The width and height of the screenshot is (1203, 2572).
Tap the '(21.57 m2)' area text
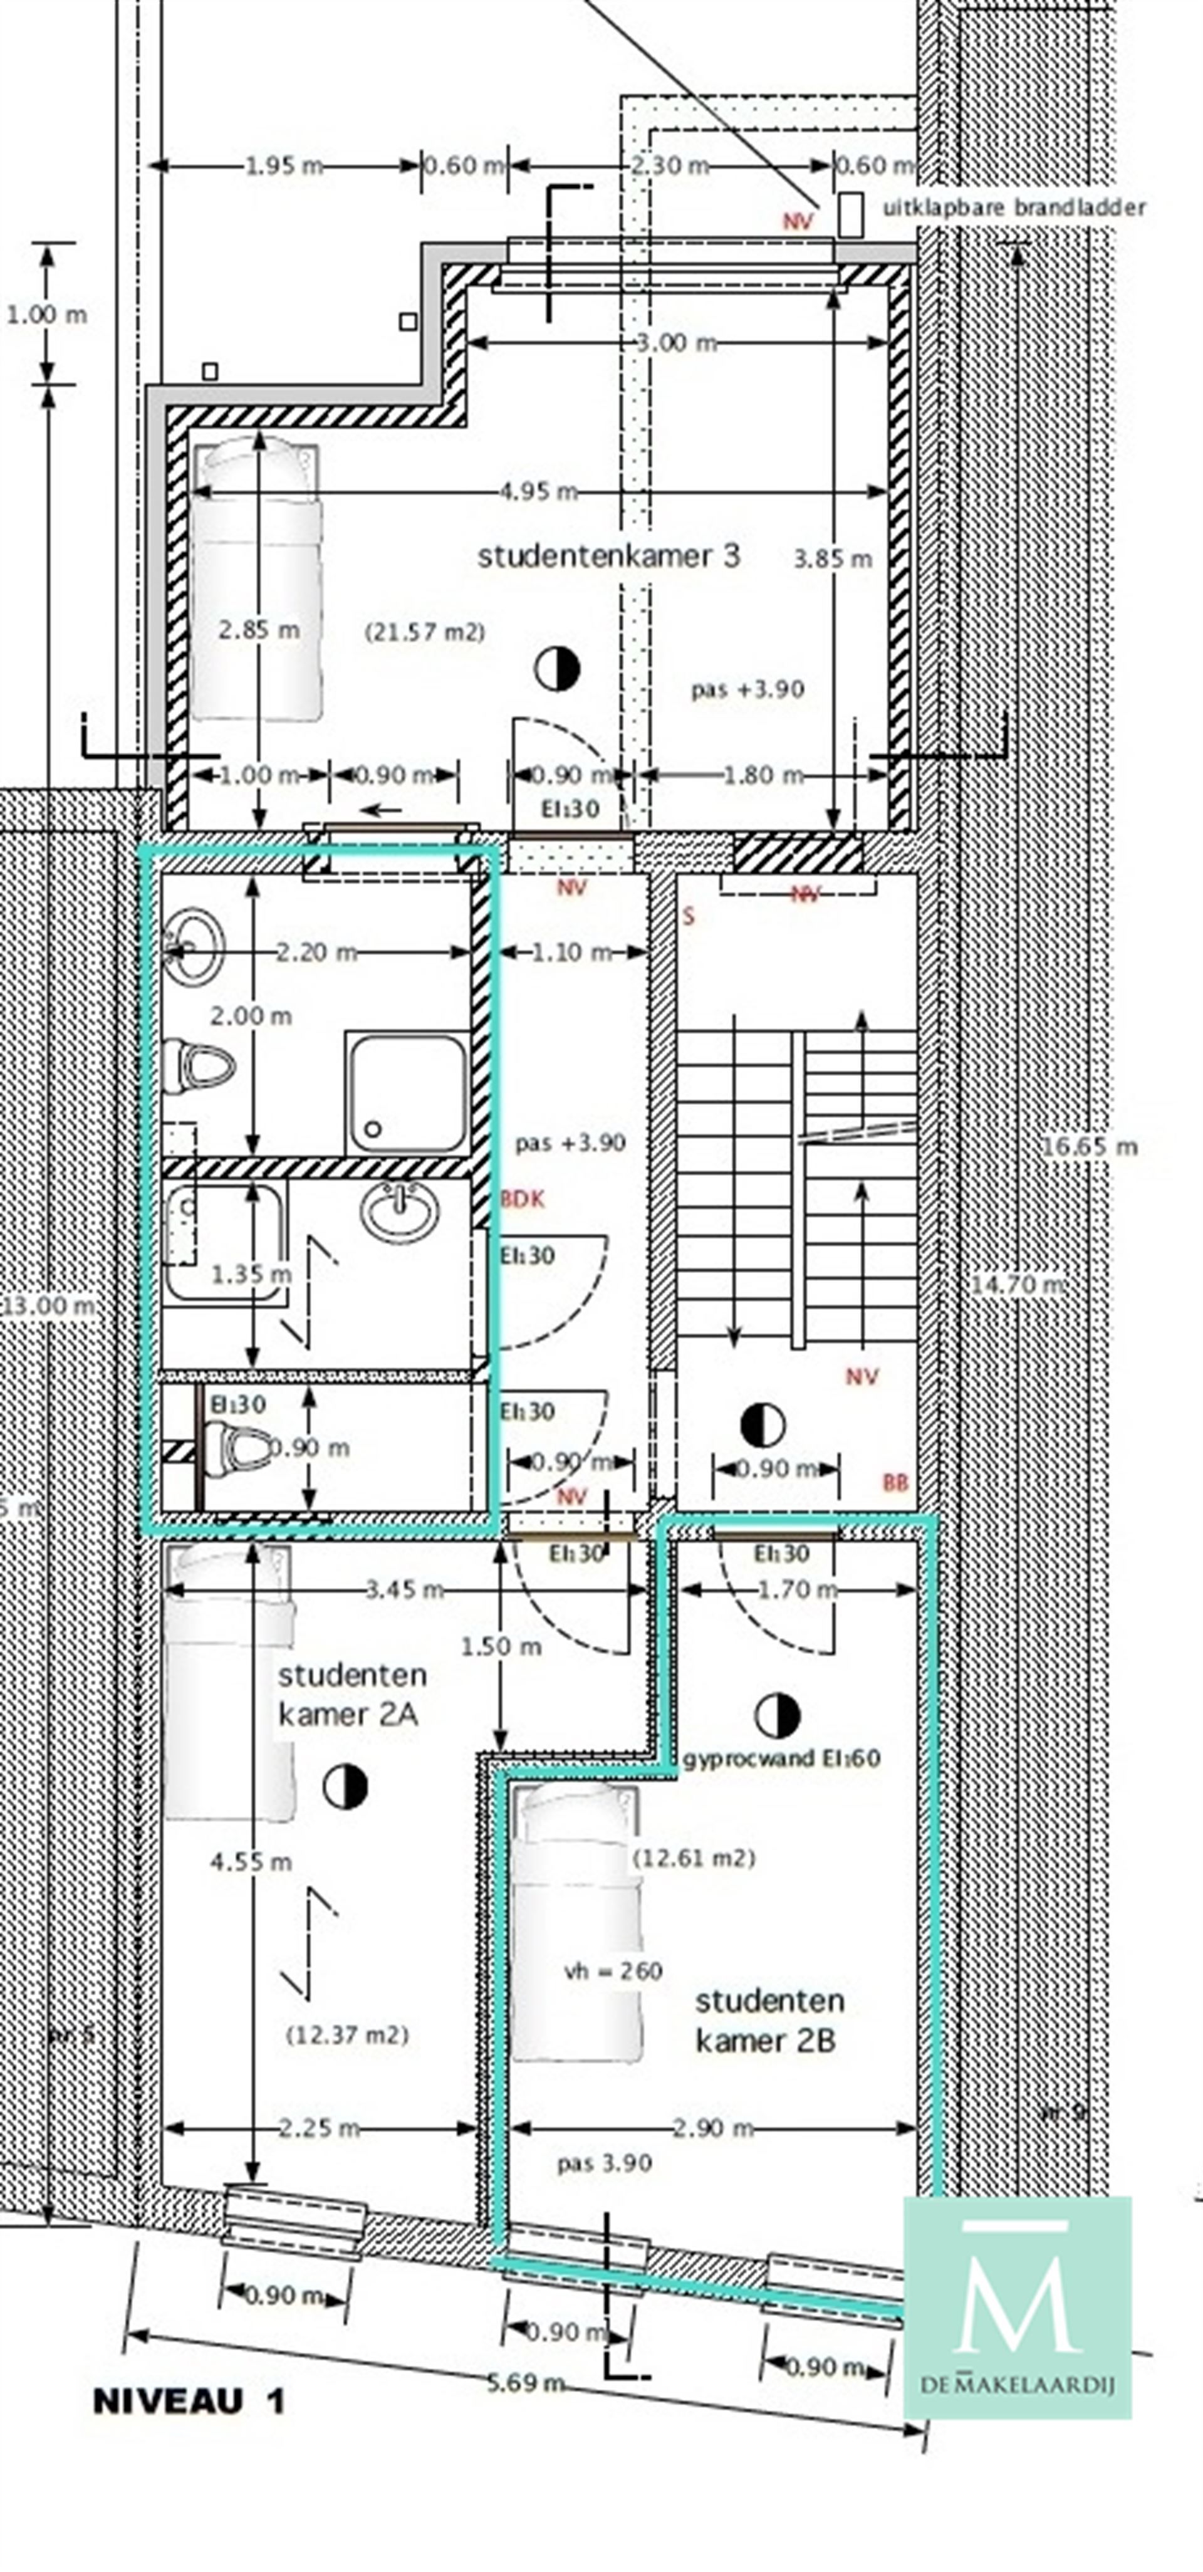click(424, 632)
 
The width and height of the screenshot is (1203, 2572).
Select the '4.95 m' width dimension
click(539, 491)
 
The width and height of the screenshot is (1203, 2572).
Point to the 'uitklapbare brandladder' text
click(1013, 207)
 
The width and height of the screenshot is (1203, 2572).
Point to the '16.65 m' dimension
click(1089, 1146)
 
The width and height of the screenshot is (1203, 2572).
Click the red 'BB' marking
click(895, 1483)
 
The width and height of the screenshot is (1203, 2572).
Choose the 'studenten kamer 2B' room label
click(769, 2020)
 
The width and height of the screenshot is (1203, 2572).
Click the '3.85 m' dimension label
click(833, 559)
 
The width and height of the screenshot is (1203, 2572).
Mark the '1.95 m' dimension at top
click(284, 165)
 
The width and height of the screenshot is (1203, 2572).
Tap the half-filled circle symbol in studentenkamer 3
click(557, 668)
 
